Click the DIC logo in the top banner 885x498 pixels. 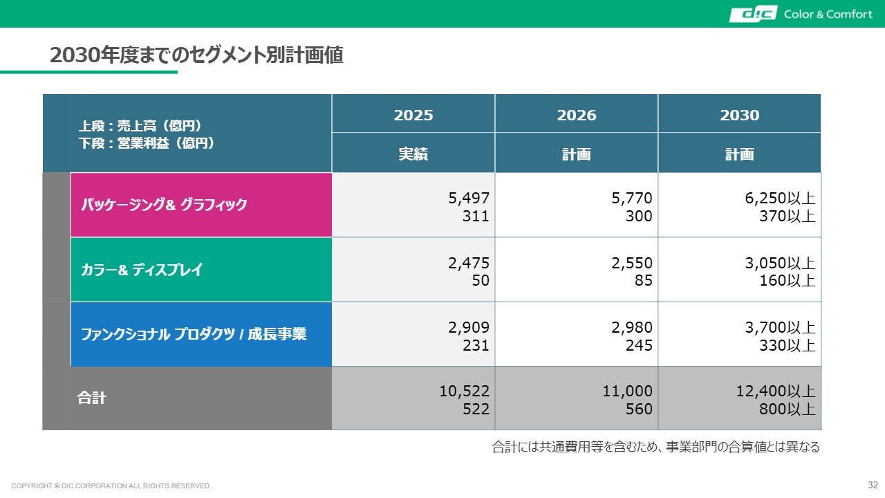753,14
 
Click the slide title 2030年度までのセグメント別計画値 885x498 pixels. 196,55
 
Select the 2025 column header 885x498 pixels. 413,115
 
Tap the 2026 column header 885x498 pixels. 577,115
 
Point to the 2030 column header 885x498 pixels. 740,115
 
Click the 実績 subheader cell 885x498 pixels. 413,154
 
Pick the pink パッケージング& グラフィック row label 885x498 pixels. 165,205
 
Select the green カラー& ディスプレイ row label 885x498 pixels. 142,270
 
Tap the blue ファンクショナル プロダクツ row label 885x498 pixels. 194,334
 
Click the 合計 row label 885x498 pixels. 91,398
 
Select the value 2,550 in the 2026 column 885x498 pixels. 633,263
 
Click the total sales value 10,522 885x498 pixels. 465,391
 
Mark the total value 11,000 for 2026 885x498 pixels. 628,391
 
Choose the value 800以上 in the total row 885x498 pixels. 788,409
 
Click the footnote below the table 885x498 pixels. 655,447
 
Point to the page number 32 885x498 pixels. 873,484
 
